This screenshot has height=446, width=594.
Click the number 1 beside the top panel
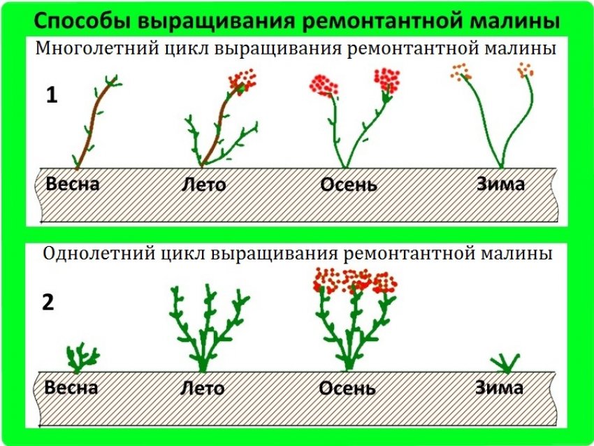pyautogui.click(x=52, y=95)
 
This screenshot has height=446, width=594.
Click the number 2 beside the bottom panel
pyautogui.click(x=48, y=303)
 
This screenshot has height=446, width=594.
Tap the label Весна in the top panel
pyautogui.click(x=73, y=185)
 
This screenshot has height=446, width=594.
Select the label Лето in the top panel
pyautogui.click(x=203, y=186)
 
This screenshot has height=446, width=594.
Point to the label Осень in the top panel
pyautogui.click(x=349, y=185)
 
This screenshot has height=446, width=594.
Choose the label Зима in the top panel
pyautogui.click(x=500, y=185)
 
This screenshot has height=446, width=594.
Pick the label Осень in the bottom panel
pyautogui.click(x=347, y=388)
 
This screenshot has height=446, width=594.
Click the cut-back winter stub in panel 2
pyautogui.click(x=504, y=363)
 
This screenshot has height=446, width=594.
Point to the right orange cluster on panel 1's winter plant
pyautogui.click(x=525, y=70)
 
